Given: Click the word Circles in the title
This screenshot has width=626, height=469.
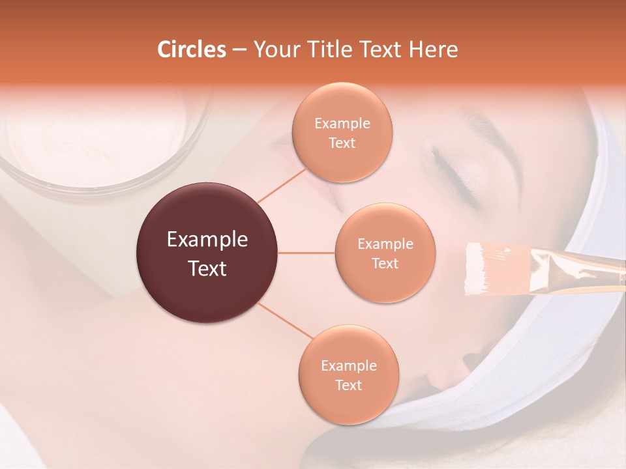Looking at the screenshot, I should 192,50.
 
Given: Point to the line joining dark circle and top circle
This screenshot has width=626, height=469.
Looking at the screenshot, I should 282,185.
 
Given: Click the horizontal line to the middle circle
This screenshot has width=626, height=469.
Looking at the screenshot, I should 306,253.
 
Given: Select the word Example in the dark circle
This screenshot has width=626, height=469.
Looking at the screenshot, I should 207,240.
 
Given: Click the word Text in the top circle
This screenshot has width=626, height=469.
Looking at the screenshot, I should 342,143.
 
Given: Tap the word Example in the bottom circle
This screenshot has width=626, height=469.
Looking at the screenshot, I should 348,366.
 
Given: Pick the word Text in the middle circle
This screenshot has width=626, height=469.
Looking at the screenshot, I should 385,264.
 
